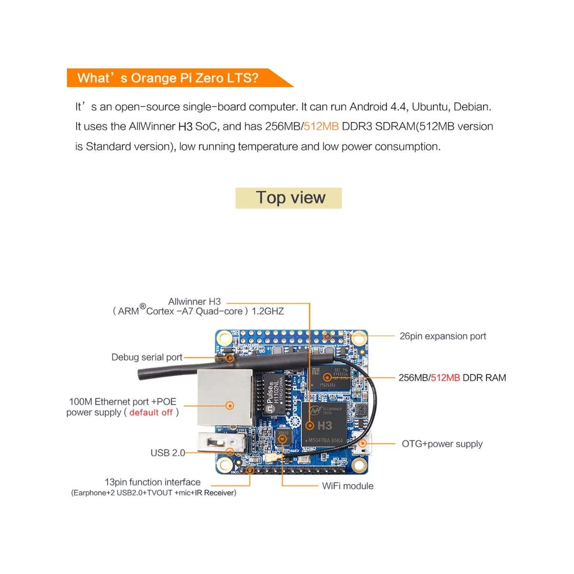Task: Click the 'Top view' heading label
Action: tap(290, 198)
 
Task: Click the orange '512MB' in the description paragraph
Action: tap(321, 126)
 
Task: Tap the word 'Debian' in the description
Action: tap(472, 107)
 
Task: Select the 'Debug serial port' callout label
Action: tap(147, 357)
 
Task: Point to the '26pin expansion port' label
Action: tap(442, 336)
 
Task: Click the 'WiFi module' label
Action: tap(347, 486)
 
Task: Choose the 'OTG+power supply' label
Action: tap(442, 444)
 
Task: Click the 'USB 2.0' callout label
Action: tap(167, 453)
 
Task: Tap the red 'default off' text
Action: tap(151, 412)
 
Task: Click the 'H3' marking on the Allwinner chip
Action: tap(324, 425)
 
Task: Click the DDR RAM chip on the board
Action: tap(328, 377)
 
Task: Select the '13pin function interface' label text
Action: tap(153, 482)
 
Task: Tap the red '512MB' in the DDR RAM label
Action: tap(445, 378)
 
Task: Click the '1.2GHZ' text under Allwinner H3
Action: tap(267, 311)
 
